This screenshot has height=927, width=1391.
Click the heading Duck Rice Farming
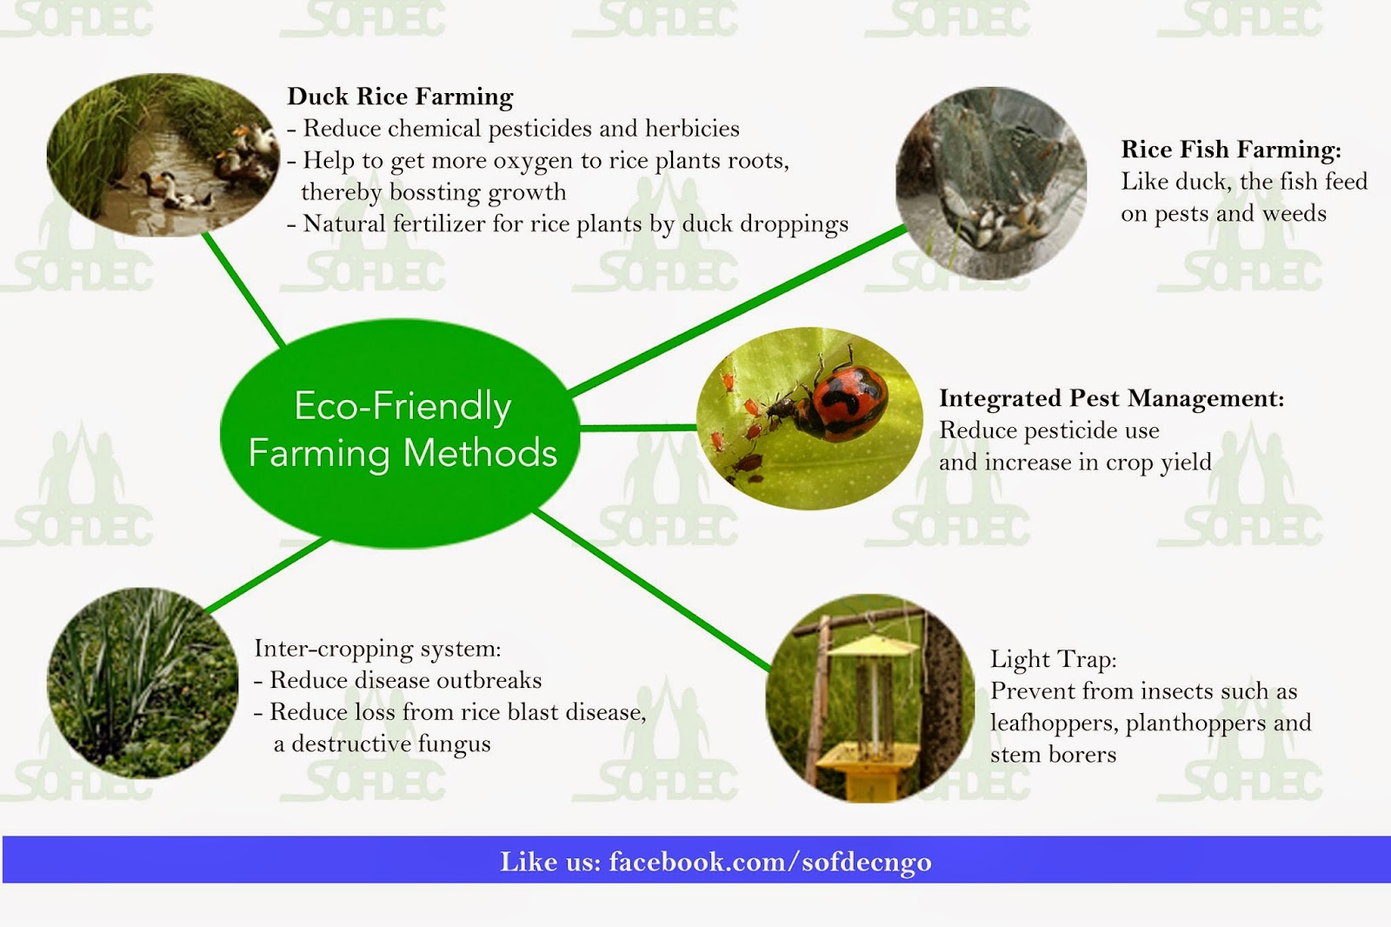[400, 97]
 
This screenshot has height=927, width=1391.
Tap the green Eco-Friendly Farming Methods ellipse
[400, 433]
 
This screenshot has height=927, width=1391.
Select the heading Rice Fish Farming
[1231, 150]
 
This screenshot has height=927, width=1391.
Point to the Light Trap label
[1053, 658]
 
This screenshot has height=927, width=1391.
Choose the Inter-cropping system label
[377, 649]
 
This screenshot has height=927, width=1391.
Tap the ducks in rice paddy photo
[163, 156]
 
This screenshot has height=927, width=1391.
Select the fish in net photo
[991, 183]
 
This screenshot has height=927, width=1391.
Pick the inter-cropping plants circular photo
[143, 683]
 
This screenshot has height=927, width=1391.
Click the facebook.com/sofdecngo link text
[770, 862]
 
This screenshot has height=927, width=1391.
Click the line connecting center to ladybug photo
[638, 428]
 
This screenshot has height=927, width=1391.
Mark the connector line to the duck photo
[243, 290]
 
